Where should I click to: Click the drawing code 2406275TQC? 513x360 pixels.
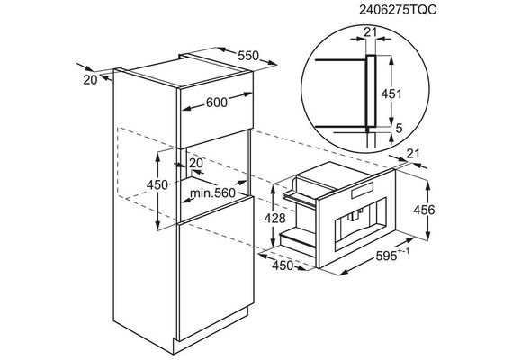click(x=398, y=10)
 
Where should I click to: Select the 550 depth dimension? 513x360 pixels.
click(x=248, y=56)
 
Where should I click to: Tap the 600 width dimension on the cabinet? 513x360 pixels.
click(x=217, y=103)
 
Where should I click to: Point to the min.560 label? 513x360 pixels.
click(x=212, y=193)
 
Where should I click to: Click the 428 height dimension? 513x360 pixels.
click(x=275, y=218)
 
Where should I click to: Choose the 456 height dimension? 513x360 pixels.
click(x=424, y=210)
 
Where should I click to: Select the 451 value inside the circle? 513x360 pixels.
click(x=391, y=94)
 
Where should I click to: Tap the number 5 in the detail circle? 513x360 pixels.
click(x=399, y=129)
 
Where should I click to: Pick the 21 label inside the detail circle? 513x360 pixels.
click(x=371, y=32)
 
